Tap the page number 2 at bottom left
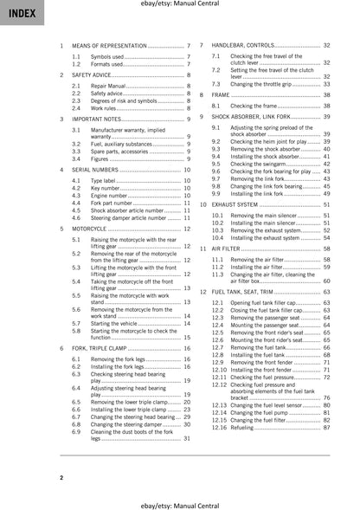tap(61, 478)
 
